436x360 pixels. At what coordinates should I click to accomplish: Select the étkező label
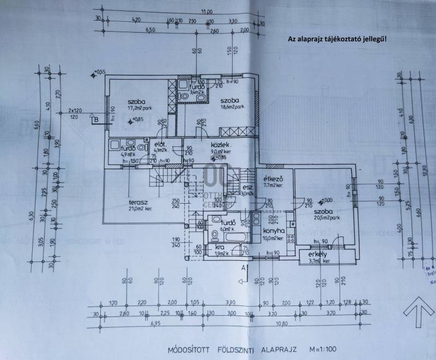tap(272, 179)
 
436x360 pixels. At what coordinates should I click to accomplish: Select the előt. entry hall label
tap(160, 144)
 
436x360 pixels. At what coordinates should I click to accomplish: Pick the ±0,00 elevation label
tap(327, 200)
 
